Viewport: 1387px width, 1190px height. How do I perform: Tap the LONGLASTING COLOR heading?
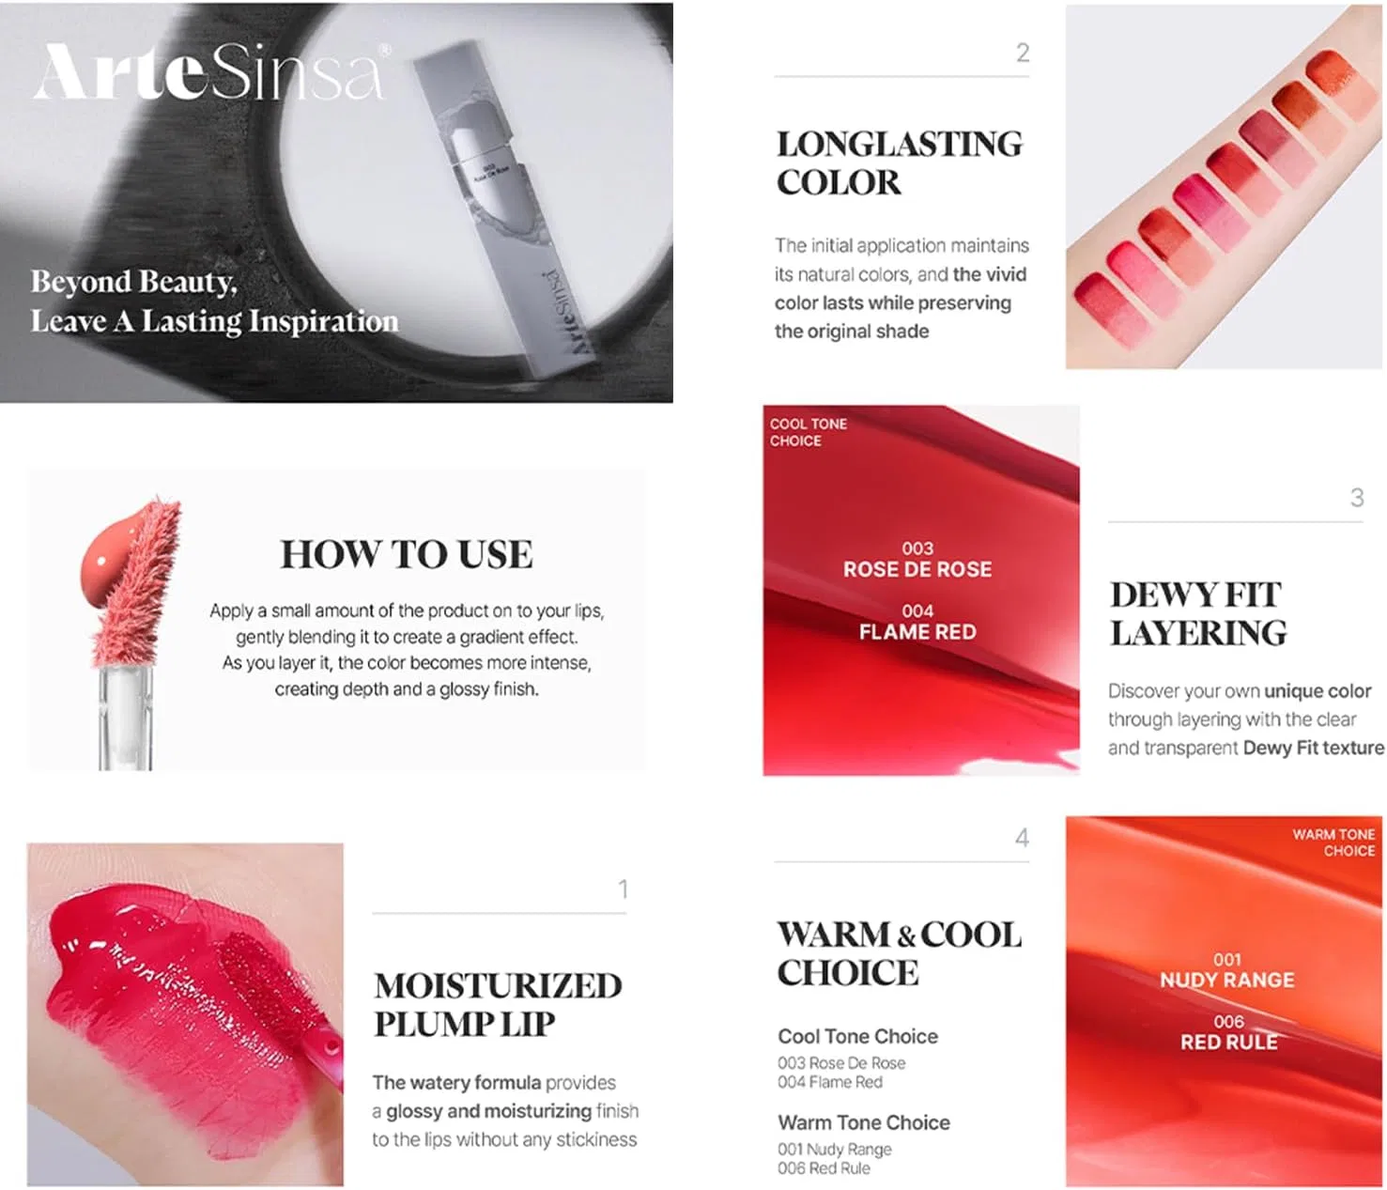click(900, 163)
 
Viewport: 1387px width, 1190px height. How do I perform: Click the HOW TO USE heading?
click(407, 554)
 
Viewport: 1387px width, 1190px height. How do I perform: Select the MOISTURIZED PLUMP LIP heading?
click(498, 1005)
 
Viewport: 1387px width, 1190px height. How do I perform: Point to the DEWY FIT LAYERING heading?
click(1197, 613)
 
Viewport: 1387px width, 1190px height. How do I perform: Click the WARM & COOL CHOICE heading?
click(900, 953)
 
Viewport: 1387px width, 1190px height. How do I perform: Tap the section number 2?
click(1023, 53)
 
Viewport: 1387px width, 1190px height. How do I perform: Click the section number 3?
click(1357, 498)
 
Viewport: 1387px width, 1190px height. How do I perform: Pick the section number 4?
click(1022, 837)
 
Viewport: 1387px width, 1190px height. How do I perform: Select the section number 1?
click(624, 889)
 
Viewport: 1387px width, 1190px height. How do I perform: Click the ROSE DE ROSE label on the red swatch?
click(917, 569)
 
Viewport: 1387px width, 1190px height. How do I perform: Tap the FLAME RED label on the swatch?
click(917, 631)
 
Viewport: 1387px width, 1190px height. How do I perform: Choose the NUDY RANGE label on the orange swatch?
click(1226, 980)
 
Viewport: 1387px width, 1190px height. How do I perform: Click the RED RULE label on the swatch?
click(1228, 1042)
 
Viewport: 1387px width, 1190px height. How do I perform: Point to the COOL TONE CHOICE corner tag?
click(808, 432)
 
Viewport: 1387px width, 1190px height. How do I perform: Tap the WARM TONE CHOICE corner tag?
click(1333, 842)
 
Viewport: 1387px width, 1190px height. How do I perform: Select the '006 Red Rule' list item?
click(824, 1167)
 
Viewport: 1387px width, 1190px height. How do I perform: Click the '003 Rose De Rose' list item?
click(840, 1062)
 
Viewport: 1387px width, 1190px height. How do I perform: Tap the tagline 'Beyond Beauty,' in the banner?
click(134, 282)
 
